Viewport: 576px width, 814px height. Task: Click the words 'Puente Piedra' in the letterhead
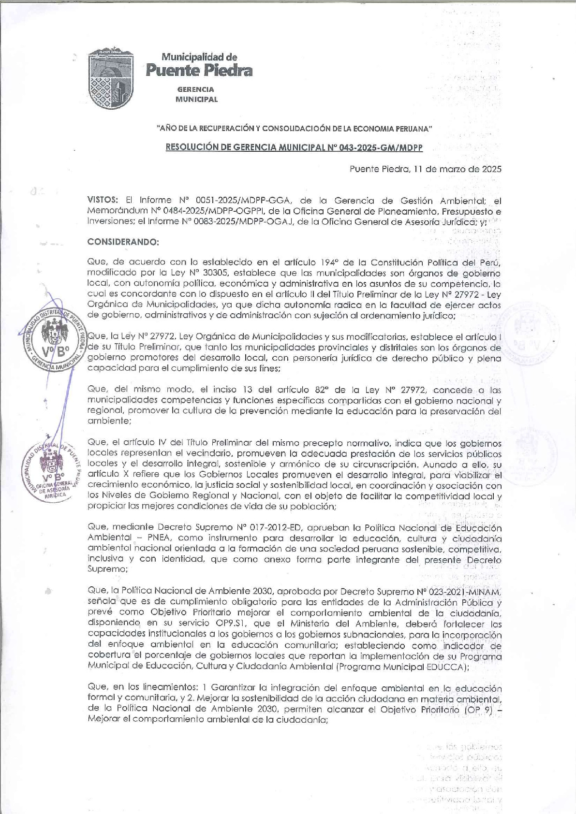pos(199,72)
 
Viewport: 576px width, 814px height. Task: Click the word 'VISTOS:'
pos(103,200)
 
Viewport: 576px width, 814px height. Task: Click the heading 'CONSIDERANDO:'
pos(123,241)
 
